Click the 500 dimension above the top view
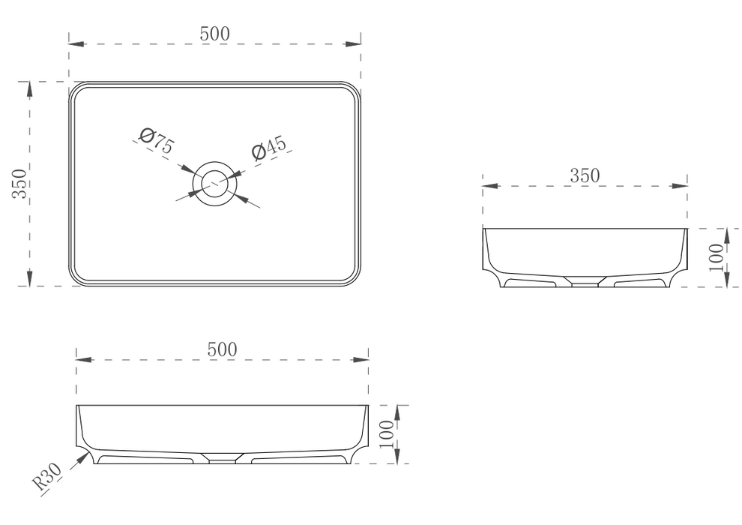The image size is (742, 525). [214, 33]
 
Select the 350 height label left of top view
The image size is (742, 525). [19, 183]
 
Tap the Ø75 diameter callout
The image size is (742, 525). [157, 140]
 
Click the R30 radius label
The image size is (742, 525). [47, 477]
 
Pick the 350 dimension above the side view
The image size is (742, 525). [585, 175]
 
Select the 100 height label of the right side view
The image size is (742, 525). [715, 256]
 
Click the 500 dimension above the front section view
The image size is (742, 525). [222, 349]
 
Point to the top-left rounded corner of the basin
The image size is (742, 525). [78, 90]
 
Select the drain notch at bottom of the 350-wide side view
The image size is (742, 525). [585, 282]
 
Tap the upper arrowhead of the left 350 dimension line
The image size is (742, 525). [30, 88]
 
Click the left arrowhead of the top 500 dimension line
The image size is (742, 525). [75, 43]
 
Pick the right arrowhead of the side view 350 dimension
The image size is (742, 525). [681, 185]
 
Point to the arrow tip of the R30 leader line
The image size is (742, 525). [83, 455]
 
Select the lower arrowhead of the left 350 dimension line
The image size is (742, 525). [30, 279]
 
